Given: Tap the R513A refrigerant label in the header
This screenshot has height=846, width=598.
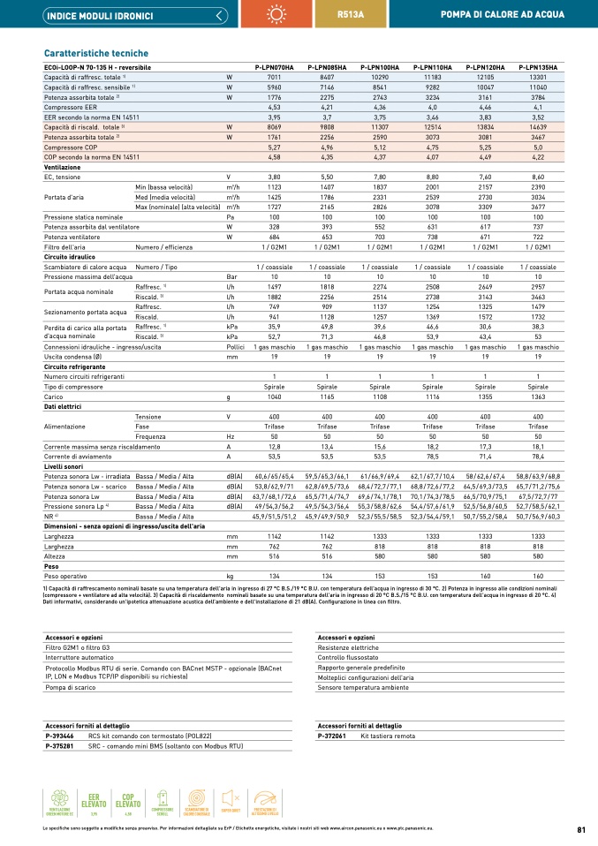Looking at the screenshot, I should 351,15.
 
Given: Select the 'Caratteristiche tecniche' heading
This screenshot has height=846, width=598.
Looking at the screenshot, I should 96,53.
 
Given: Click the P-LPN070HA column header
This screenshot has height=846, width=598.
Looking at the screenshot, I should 274,67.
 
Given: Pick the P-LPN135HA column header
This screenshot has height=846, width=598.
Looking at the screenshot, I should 538,67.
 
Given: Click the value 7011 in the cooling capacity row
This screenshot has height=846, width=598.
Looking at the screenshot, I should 274,78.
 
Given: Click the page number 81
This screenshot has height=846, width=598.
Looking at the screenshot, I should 581,830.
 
